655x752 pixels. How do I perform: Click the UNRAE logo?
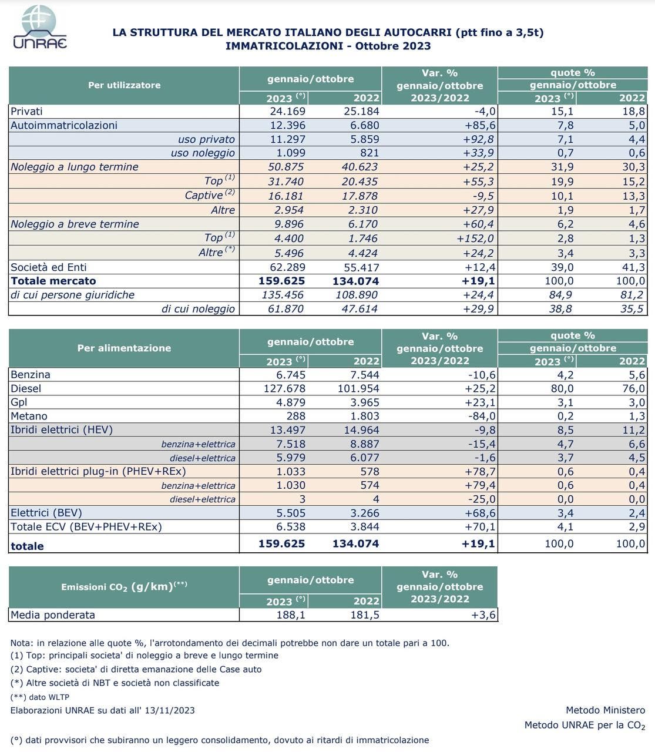39,27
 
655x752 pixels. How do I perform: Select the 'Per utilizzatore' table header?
124,85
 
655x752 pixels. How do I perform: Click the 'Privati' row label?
27,111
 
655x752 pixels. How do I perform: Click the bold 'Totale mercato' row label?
53,281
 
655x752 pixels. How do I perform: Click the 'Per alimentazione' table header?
124,348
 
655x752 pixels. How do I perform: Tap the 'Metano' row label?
29,416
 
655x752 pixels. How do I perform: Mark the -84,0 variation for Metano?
480,416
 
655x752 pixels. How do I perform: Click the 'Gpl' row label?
19,402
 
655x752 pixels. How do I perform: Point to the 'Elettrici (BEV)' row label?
46,513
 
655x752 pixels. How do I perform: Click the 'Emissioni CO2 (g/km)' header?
124,586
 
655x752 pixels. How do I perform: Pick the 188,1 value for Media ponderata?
290,615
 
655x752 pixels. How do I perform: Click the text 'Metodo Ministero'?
605,710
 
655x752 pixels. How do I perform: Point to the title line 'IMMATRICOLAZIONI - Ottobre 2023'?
328,46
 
